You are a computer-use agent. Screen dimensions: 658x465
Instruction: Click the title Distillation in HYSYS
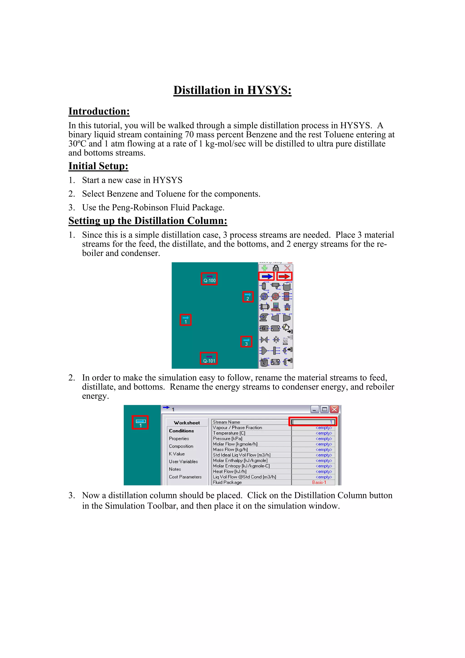pos(232,90)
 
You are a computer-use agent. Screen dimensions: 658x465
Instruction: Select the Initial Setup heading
pos(98,166)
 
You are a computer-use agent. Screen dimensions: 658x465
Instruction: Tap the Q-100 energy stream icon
pos(209,279)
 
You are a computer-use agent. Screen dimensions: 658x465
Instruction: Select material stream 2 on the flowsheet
pos(248,297)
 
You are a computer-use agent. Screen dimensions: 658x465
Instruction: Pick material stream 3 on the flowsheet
pos(246,342)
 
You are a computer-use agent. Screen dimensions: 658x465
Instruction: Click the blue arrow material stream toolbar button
pos(267,277)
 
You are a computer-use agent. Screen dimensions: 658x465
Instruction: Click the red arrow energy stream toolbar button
pos(284,277)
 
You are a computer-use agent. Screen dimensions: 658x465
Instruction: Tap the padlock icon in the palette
pos(276,268)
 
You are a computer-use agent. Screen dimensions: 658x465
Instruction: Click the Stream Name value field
pos(313,422)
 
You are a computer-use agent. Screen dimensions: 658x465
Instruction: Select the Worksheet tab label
pos(187,423)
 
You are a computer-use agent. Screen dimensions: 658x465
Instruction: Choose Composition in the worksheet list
pos(181,446)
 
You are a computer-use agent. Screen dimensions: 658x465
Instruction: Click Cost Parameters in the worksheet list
pos(185,477)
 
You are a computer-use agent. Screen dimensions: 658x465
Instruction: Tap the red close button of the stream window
pos(334,409)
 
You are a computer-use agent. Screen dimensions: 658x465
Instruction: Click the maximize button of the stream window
pos(324,409)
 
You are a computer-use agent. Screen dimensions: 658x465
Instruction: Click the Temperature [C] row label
pos(229,433)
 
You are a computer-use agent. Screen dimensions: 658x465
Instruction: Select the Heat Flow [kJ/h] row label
pos(230,472)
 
